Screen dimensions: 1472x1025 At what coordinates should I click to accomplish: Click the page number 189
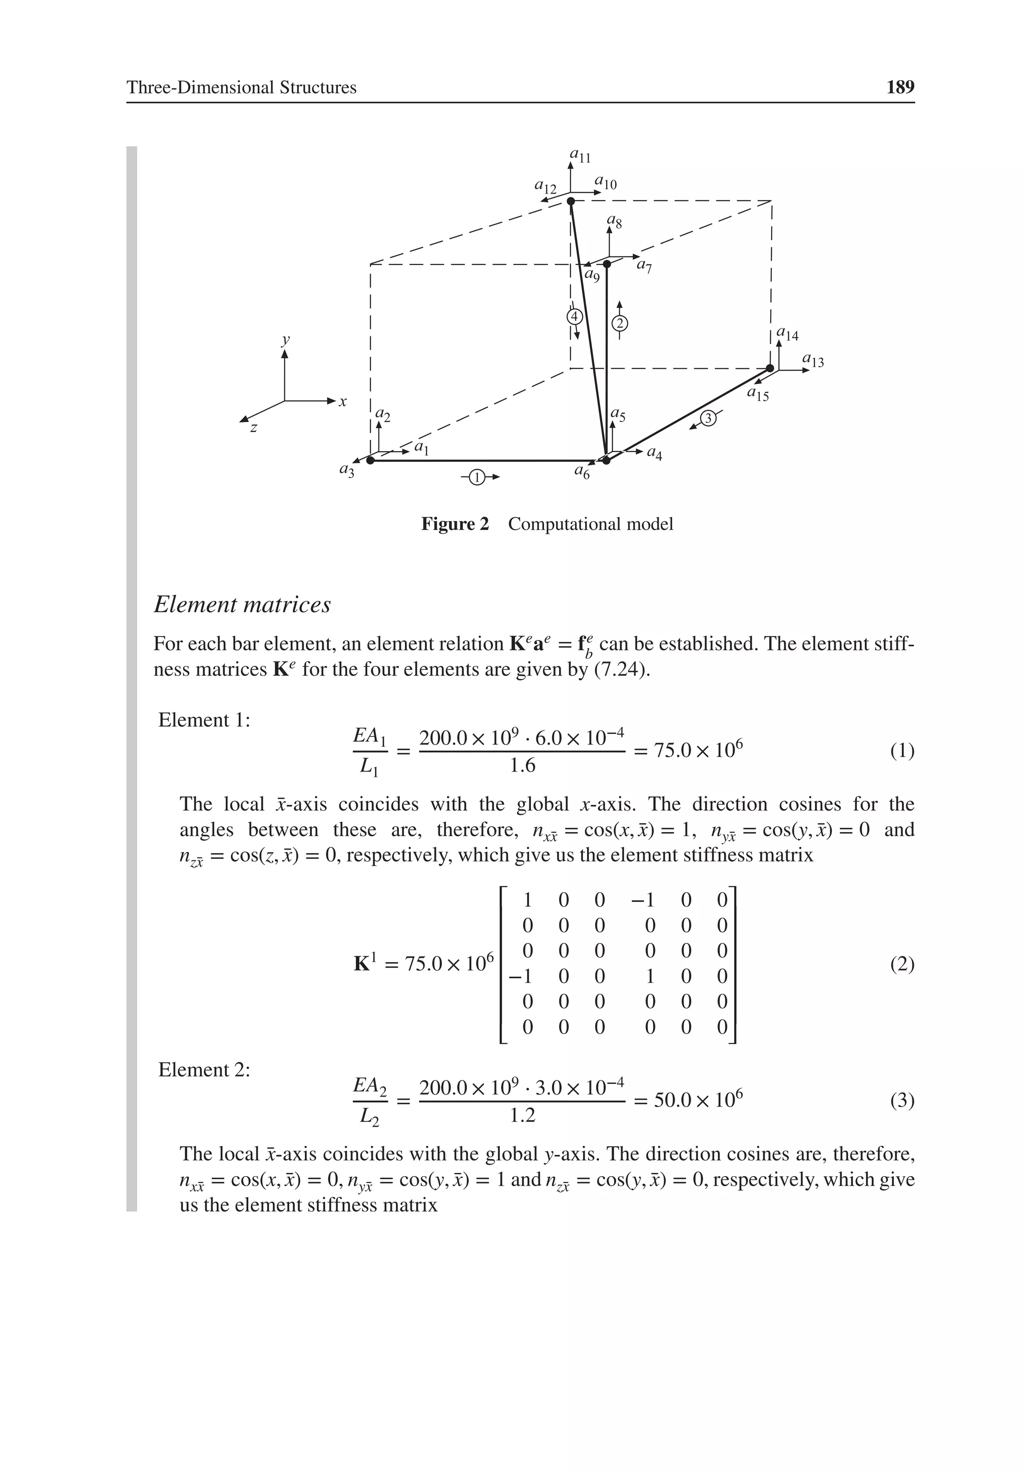(x=899, y=87)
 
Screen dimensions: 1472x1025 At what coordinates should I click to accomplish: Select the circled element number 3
(x=708, y=418)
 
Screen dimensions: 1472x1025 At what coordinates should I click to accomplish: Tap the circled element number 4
(x=575, y=317)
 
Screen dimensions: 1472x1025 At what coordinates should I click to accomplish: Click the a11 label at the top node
(x=580, y=156)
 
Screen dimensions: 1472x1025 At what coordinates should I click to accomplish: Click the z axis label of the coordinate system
(x=254, y=428)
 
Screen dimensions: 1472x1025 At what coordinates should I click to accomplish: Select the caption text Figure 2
(x=454, y=524)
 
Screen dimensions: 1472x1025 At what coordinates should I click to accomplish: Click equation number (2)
(x=902, y=964)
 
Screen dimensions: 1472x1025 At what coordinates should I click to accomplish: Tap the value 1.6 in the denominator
(x=522, y=766)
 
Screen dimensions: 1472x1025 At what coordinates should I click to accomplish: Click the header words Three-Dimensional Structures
(x=241, y=87)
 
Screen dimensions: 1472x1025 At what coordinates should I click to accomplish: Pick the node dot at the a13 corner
(x=770, y=368)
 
